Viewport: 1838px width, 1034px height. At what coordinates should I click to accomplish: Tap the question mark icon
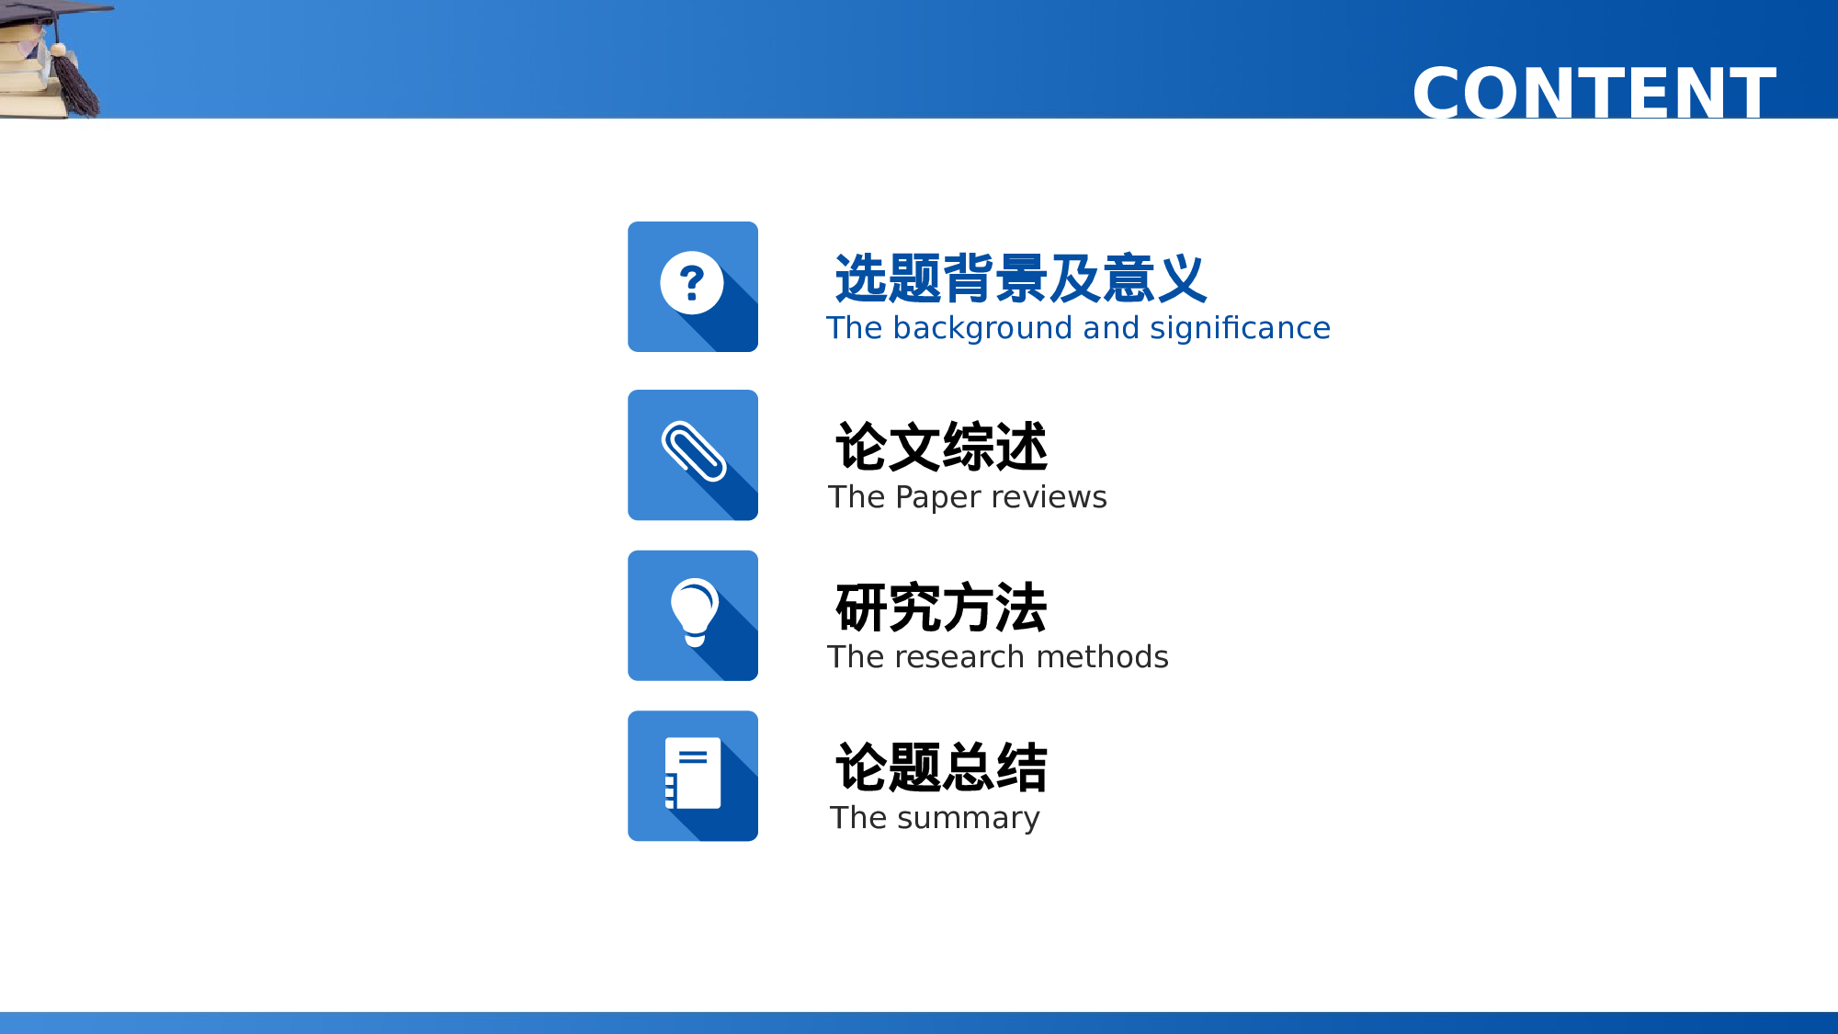pos(692,283)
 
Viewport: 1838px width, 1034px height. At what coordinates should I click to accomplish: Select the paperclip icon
pos(694,451)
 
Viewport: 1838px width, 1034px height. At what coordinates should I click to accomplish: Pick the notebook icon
pos(693,773)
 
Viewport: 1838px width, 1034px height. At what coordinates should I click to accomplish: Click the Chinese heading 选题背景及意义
pos(1020,278)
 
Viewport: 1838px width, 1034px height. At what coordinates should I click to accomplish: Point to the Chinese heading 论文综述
pos(941,448)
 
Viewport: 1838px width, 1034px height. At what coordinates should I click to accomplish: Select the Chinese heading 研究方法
pos(941,608)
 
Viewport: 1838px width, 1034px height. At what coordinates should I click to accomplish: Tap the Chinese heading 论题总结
pos(941,768)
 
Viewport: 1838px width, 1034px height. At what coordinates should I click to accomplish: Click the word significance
pos(1240,328)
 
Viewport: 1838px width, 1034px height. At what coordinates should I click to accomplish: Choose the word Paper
pos(934,497)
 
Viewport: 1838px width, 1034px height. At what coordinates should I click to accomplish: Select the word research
pos(959,657)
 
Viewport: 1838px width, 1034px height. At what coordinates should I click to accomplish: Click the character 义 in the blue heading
pos(1182,278)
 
